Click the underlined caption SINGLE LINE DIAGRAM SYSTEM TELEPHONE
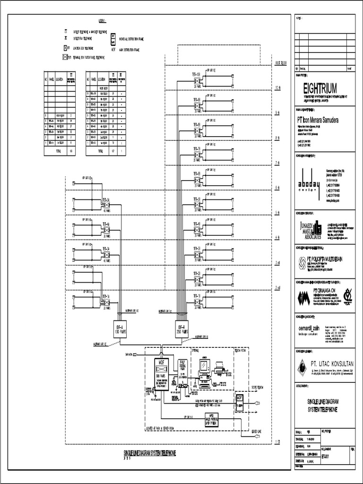click(x=149, y=453)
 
